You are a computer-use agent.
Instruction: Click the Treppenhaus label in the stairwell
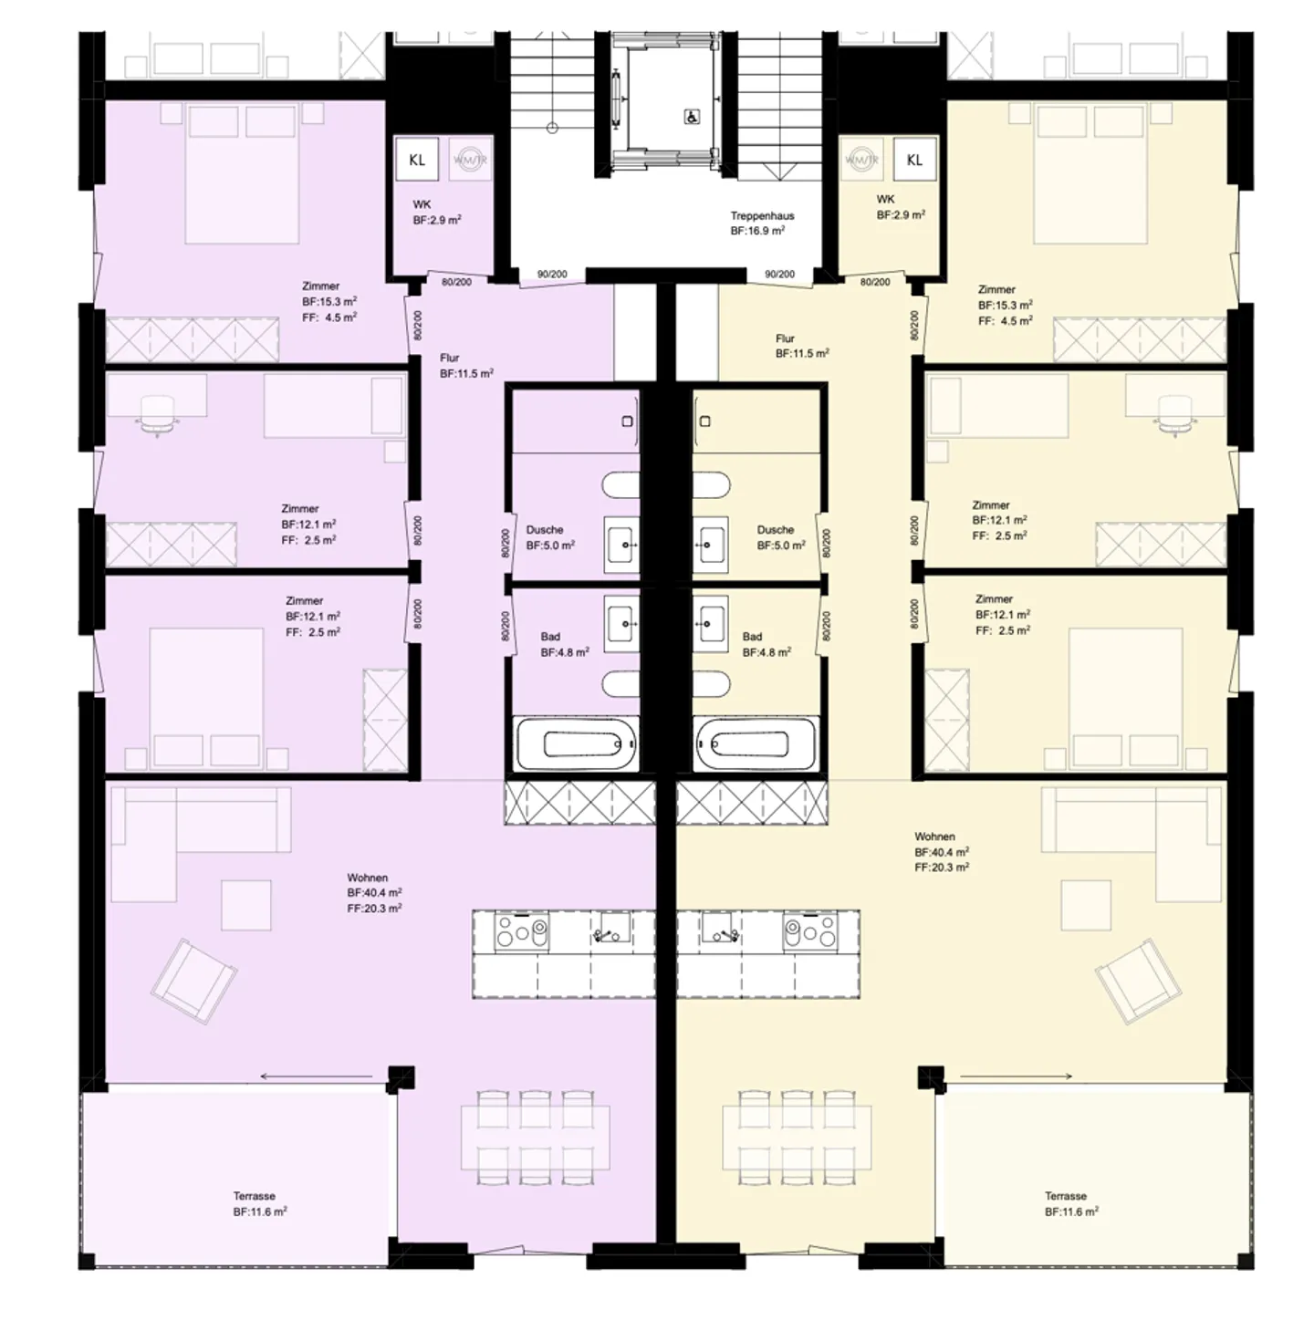[x=762, y=216]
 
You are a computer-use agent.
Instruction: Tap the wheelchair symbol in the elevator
[x=692, y=117]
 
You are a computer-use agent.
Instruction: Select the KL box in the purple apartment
[x=417, y=160]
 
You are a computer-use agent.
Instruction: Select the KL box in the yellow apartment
[x=914, y=160]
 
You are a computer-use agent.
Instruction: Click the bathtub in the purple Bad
[x=578, y=744]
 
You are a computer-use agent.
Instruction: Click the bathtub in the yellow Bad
[x=755, y=744]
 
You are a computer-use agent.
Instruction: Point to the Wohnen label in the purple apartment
[x=368, y=878]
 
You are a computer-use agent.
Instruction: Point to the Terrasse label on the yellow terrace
[x=1066, y=1196]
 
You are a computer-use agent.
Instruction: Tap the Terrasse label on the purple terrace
[x=254, y=1196]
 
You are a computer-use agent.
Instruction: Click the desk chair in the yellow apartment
[x=1174, y=411]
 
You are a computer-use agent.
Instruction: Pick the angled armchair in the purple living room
[x=194, y=980]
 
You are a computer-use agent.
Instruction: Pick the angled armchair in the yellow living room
[x=1138, y=980]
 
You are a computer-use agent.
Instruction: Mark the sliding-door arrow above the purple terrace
[x=317, y=1076]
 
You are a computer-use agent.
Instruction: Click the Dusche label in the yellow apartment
[x=776, y=530]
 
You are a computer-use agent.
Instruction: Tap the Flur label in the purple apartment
[x=450, y=359]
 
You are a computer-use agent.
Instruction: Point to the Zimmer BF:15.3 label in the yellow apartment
[x=996, y=289]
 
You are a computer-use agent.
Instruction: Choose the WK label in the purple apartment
[x=422, y=204]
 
